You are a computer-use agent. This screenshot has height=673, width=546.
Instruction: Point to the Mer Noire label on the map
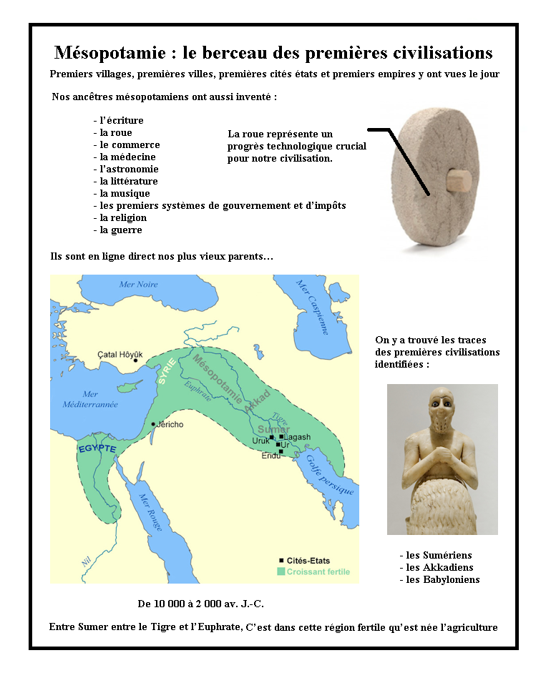tap(138, 285)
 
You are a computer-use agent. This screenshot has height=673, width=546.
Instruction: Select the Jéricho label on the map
tap(170, 424)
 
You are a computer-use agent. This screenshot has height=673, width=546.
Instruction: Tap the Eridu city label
tap(271, 456)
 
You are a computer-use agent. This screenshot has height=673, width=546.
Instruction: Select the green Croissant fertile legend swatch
tap(281, 572)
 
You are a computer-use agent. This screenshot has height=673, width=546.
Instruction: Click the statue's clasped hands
tap(439, 458)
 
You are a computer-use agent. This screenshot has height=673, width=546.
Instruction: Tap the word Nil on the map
tap(87, 562)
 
